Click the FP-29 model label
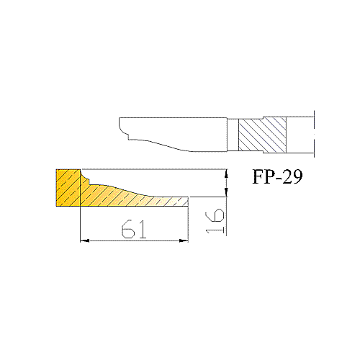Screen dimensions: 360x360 tap(277, 176)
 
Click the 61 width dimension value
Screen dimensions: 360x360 tap(134, 229)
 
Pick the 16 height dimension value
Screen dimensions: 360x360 tap(215, 221)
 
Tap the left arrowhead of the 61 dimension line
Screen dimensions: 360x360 tap(84, 240)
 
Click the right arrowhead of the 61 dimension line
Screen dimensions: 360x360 tap(184, 240)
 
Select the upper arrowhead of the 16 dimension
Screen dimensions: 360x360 tap(226, 174)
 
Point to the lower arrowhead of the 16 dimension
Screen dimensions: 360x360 tap(226, 192)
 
